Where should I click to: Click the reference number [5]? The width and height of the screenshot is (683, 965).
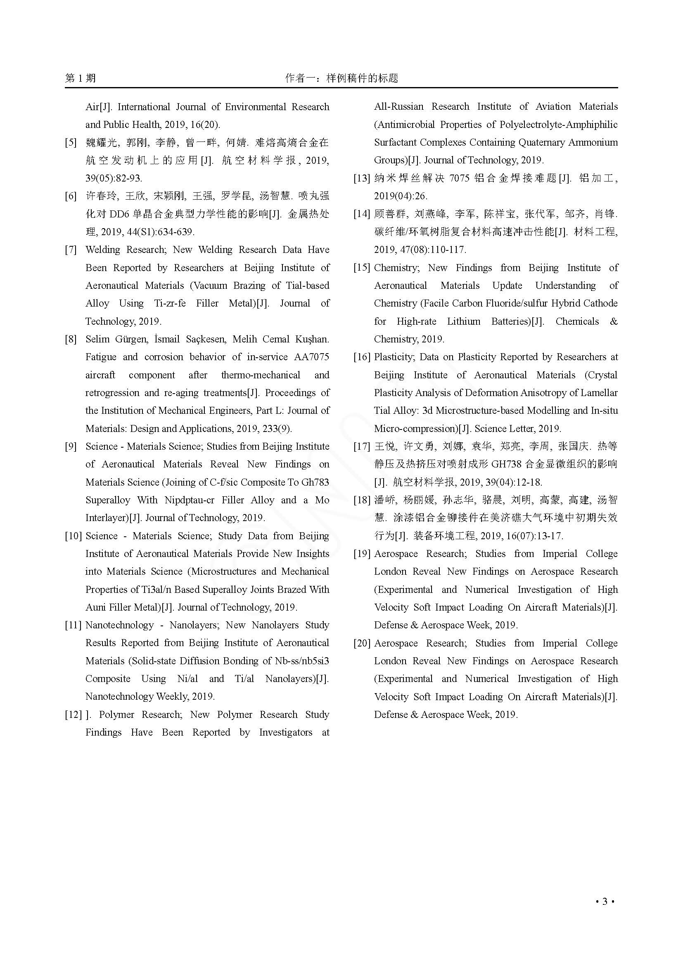[71, 142]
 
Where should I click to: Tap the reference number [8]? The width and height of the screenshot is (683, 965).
[71, 339]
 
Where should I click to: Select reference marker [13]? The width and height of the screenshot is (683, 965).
[362, 178]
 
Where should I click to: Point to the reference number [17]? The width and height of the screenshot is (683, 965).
[362, 446]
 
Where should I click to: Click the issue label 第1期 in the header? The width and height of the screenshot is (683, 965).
[81, 78]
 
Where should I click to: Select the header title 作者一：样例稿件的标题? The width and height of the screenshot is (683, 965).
[341, 78]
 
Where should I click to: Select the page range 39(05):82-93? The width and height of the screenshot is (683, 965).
[114, 178]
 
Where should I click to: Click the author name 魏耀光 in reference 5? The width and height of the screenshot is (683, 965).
[101, 142]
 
